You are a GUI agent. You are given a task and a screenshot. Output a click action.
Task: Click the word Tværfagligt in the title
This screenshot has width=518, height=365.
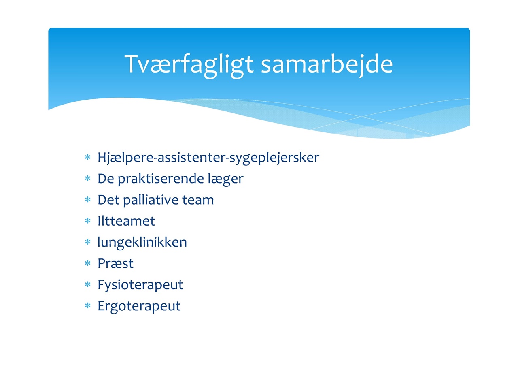[x=189, y=66]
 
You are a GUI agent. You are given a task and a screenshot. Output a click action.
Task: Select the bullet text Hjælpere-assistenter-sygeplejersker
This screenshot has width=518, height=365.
[x=208, y=158]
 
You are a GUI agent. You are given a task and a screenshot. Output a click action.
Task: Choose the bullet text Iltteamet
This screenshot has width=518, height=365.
[x=126, y=221]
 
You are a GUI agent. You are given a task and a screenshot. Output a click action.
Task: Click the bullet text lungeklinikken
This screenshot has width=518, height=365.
[x=142, y=243]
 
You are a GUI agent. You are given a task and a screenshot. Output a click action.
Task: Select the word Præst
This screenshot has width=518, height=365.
[x=116, y=264]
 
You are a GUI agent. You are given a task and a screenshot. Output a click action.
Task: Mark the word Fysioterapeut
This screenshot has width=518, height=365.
[x=140, y=285]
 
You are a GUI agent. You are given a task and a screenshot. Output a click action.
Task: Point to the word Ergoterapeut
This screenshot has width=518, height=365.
[x=139, y=306]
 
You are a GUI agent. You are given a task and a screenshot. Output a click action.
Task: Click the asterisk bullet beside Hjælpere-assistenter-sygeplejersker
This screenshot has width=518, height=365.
[x=88, y=158]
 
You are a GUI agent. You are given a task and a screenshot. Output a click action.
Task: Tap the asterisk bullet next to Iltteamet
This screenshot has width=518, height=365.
[x=88, y=221]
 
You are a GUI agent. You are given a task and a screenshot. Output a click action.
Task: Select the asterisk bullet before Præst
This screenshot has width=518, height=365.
[x=88, y=263]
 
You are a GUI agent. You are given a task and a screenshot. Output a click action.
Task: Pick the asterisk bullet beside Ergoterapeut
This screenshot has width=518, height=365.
[x=88, y=306]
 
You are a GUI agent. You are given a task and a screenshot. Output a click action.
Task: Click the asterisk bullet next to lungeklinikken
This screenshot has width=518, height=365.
[x=88, y=242]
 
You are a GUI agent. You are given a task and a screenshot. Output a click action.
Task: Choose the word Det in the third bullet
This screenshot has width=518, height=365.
[x=109, y=200]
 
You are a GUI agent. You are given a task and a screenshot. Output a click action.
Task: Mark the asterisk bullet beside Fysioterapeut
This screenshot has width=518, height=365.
[x=88, y=285]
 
